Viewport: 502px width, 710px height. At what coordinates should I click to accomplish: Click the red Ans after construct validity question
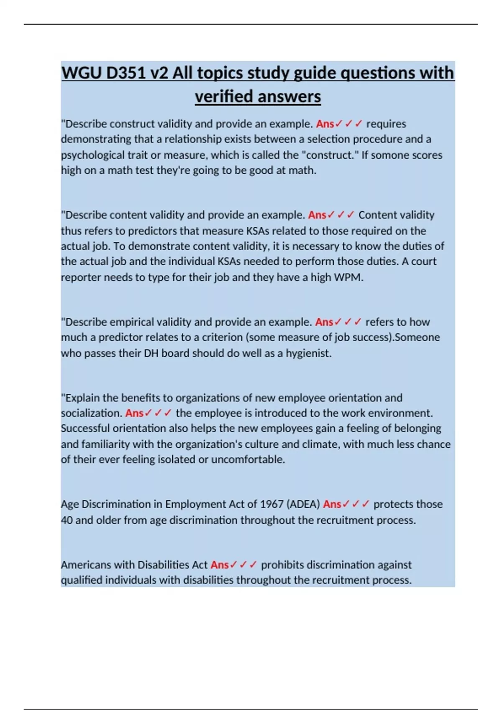325,124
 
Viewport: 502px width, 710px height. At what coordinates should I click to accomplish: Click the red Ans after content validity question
317,215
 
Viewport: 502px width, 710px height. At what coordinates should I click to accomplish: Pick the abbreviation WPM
348,277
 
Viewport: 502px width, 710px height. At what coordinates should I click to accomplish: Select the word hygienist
308,353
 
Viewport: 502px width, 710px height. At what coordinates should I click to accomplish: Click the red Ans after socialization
134,413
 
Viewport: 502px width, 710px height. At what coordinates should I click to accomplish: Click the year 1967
272,505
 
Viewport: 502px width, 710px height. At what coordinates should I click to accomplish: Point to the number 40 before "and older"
67,520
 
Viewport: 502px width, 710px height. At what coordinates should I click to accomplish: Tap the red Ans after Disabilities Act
219,565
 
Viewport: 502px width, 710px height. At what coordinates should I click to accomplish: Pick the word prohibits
282,565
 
